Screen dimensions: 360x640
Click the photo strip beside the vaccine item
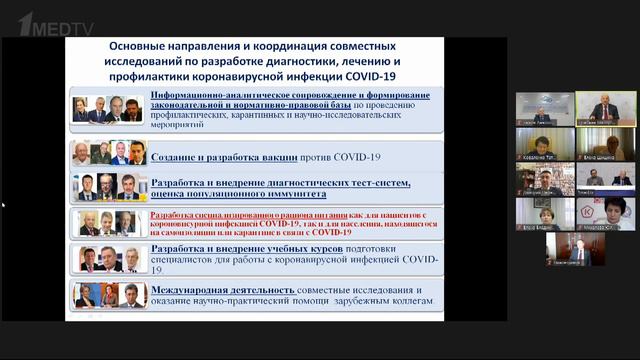[x=109, y=153]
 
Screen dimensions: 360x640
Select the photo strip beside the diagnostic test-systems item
[x=109, y=187]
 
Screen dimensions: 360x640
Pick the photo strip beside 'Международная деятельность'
[x=109, y=295]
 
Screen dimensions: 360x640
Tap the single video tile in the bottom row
[x=574, y=248]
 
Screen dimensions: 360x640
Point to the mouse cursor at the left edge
[x=3, y=205]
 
